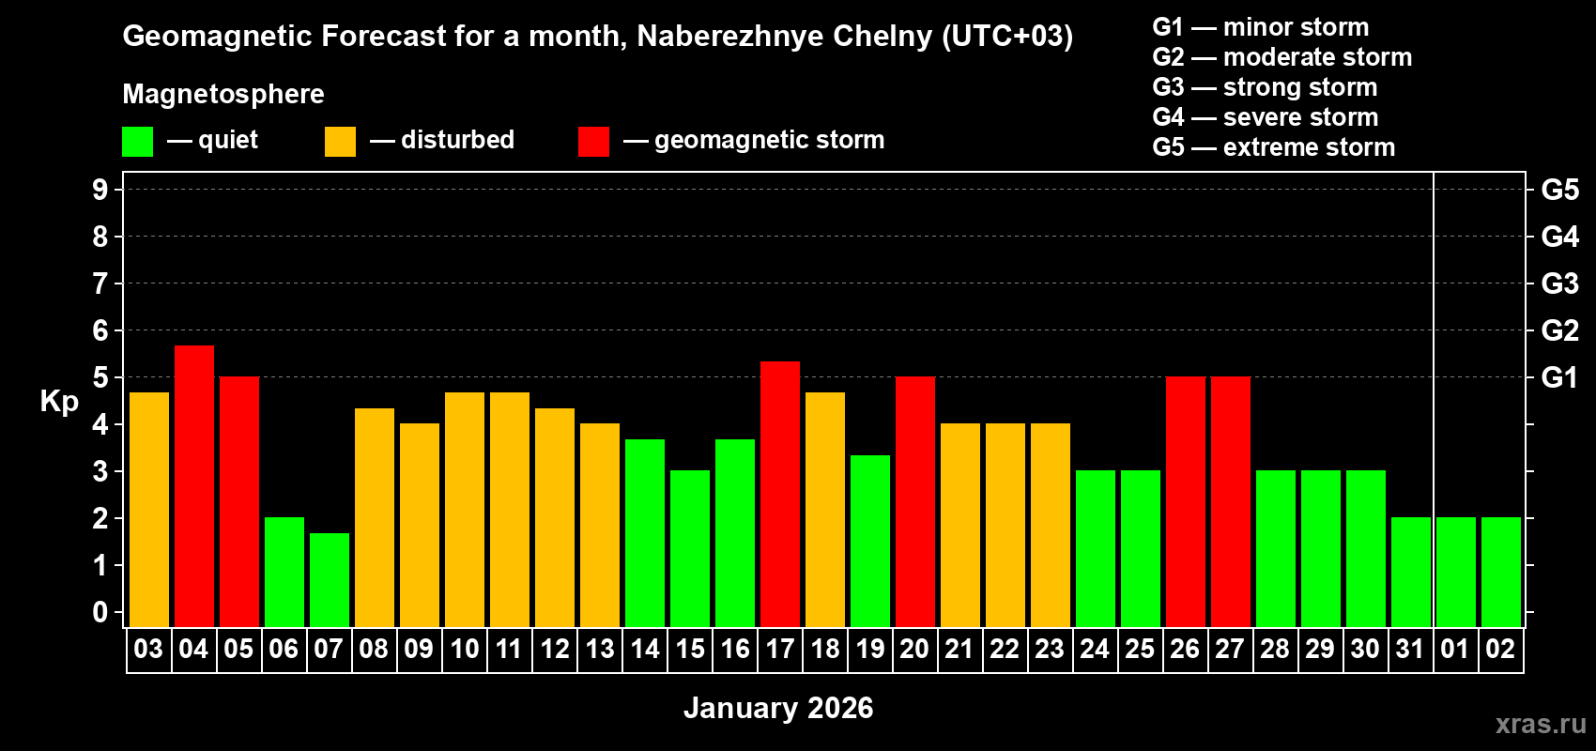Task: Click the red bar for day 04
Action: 193,485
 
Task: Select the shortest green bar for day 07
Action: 329,579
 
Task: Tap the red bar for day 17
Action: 779,494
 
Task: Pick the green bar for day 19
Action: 869,541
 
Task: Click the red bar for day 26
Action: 1185,501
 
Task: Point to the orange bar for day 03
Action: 148,509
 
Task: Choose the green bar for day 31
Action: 1410,572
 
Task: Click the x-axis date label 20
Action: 914,649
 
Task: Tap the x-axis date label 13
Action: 599,649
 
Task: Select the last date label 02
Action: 1500,649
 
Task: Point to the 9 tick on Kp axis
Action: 100,190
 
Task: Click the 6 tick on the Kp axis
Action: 100,330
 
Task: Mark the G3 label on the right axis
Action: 1559,284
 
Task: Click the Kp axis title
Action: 59,401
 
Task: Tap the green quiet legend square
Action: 137,142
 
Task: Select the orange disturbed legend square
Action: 340,142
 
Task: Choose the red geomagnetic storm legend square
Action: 593,142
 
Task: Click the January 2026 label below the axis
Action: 778,708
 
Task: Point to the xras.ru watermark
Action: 1541,724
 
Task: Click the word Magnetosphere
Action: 223,94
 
